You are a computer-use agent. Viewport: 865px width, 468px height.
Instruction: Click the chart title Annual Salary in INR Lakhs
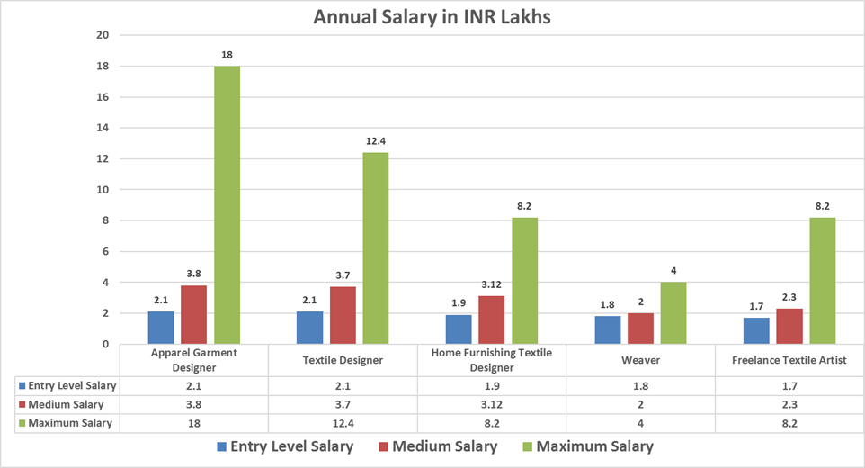pos(432,17)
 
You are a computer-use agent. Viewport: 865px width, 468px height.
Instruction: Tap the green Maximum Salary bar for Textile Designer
pos(376,248)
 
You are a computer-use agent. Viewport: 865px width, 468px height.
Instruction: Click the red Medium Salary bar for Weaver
pos(641,328)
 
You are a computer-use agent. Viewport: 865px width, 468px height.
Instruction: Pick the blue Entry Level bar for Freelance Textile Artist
pos(757,330)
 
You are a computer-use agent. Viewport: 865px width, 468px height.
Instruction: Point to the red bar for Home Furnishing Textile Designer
pos(492,319)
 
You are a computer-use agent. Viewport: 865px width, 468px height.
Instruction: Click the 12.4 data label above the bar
pos(376,141)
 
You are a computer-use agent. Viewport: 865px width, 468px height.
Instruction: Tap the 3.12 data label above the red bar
pos(492,284)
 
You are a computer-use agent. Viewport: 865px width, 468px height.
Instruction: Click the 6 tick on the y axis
pos(104,251)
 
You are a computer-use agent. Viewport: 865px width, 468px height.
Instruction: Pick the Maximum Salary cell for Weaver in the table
pos(641,422)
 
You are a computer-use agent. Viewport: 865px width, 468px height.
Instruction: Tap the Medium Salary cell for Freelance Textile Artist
pos(789,404)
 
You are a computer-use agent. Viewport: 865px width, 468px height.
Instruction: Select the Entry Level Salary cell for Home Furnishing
pos(492,386)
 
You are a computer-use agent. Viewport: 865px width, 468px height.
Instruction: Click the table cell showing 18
pos(194,422)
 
